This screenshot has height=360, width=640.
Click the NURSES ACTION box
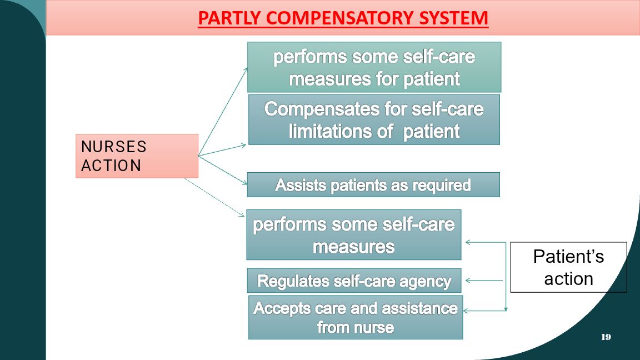137,156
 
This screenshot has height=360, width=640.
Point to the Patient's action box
568,267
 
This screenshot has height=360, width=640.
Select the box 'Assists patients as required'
373,184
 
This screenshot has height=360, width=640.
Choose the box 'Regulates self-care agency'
354,281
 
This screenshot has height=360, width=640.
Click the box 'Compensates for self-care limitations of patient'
374,119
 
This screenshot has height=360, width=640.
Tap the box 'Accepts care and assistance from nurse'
356,318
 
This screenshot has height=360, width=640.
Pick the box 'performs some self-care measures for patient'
374,67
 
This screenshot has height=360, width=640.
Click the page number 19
606,337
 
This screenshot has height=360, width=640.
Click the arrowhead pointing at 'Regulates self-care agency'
468,281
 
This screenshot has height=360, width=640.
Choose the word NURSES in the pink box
114,147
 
